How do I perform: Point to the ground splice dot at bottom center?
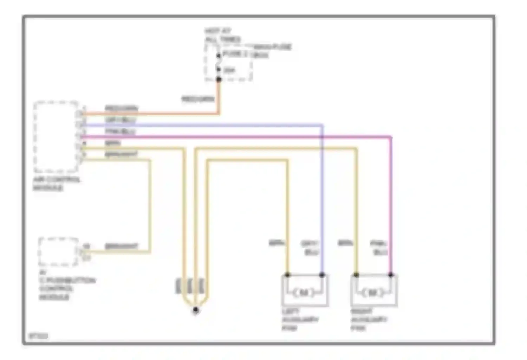pos(196,310)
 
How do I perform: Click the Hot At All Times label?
pos(222,35)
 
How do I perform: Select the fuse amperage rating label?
pos(229,70)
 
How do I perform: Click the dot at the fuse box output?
pos(219,79)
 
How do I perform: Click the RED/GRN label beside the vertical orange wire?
pos(198,99)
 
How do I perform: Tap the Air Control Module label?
pos(56,184)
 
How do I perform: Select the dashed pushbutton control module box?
pos(58,252)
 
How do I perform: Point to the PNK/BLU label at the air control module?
pos(120,131)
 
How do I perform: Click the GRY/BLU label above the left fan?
pos(310,248)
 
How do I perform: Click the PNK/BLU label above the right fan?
pos(379,248)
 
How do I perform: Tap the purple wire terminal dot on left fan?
pos(322,275)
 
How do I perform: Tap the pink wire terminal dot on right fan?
pos(391,275)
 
